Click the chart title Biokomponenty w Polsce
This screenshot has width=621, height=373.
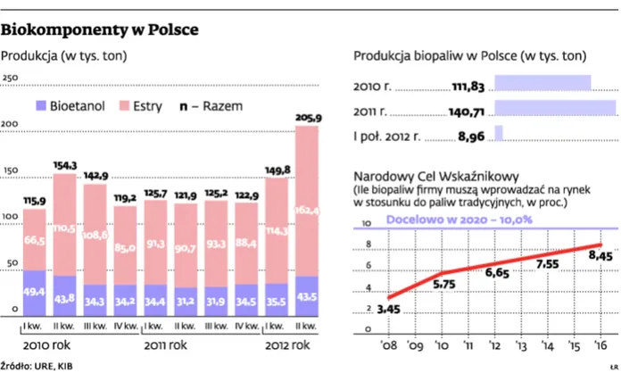[100, 30]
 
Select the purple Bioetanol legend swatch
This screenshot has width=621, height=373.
[41, 106]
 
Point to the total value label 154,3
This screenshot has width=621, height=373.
[64, 165]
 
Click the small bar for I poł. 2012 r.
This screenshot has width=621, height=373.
[499, 133]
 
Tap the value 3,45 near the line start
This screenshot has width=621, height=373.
[388, 310]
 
